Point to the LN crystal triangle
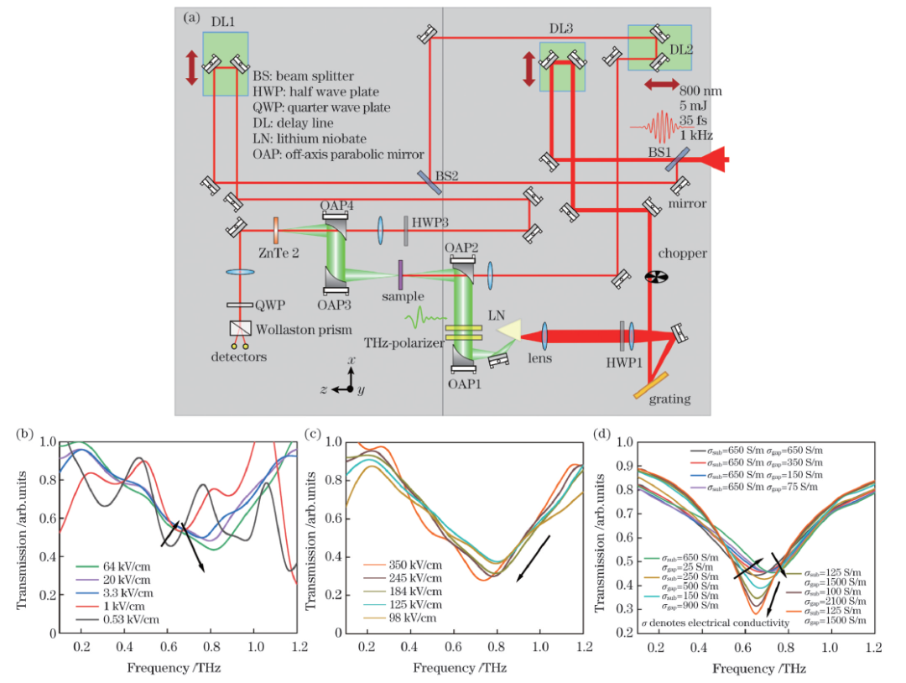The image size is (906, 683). coord(509,332)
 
